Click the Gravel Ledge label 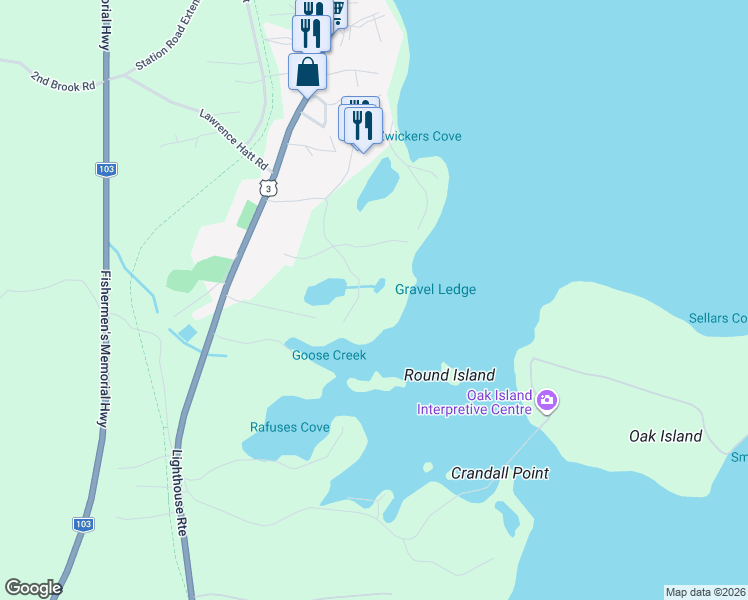(435, 290)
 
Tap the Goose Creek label (329, 355)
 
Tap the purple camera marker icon (547, 402)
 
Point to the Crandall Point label (499, 473)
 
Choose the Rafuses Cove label (289, 428)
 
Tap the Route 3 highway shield (265, 188)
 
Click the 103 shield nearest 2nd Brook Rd (106, 169)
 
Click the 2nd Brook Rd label (62, 80)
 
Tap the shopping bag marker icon (307, 72)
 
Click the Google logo (33, 588)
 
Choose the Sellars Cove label (718, 319)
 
